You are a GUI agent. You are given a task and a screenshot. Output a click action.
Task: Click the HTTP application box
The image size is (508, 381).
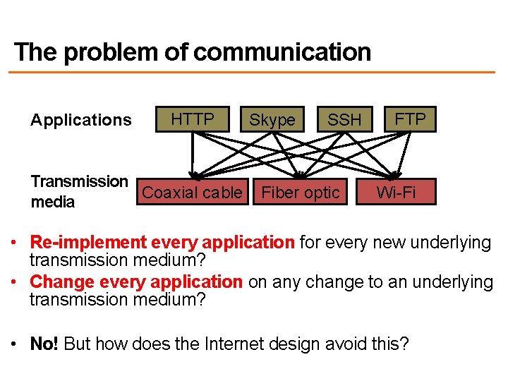point(193,119)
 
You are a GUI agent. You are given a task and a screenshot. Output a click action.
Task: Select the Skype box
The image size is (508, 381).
point(272,120)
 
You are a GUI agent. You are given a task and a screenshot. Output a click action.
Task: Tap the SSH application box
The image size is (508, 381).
point(344,120)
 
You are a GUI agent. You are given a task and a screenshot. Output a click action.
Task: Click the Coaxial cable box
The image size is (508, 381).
point(192,193)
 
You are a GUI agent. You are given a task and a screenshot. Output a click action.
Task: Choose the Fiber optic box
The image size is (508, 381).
point(301,193)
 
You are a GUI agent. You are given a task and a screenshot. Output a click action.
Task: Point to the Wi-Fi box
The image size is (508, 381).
point(396,192)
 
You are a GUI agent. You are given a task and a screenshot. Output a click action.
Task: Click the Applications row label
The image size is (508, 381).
point(81,120)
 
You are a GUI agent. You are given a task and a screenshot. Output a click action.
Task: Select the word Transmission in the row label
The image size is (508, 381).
point(79,181)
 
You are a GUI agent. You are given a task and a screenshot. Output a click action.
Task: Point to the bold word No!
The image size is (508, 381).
point(46,344)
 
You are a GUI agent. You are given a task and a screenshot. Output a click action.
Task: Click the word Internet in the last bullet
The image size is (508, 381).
point(234,344)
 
